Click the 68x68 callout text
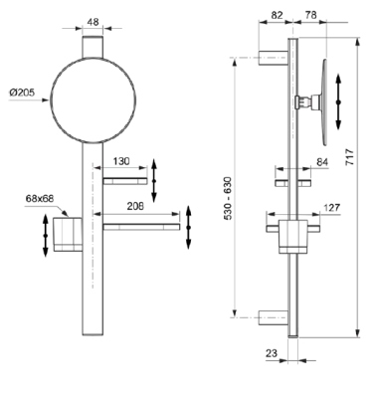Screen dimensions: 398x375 (x=40, y=198)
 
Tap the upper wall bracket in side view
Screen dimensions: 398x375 (x=273, y=56)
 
